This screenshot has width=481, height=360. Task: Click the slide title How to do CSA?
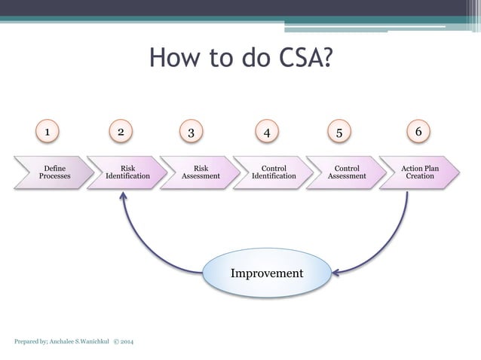tap(240, 58)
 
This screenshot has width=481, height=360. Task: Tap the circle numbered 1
tap(48, 132)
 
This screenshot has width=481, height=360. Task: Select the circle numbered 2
tap(120, 132)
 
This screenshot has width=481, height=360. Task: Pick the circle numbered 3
tap(191, 133)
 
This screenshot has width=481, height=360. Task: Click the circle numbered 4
tap(266, 133)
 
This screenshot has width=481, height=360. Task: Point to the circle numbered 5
tap(339, 133)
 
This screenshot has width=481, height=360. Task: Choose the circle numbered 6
tap(419, 132)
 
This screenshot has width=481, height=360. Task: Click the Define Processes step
tap(53, 172)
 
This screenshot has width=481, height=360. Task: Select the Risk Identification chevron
tap(127, 172)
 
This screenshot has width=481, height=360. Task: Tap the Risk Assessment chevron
tap(201, 172)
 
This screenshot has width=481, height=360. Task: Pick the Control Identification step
tap(273, 172)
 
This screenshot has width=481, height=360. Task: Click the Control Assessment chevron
tap(346, 172)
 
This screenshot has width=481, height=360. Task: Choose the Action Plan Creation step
tap(419, 172)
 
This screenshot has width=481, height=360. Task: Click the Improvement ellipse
tap(267, 273)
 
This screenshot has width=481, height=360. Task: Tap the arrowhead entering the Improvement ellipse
tap(338, 271)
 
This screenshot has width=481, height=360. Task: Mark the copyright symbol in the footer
tap(115, 343)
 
